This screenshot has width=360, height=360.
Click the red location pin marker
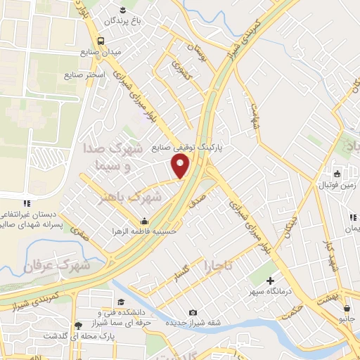point(181,166)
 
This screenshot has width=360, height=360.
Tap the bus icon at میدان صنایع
point(101,40)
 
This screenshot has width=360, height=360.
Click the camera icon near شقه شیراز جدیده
point(193,312)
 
